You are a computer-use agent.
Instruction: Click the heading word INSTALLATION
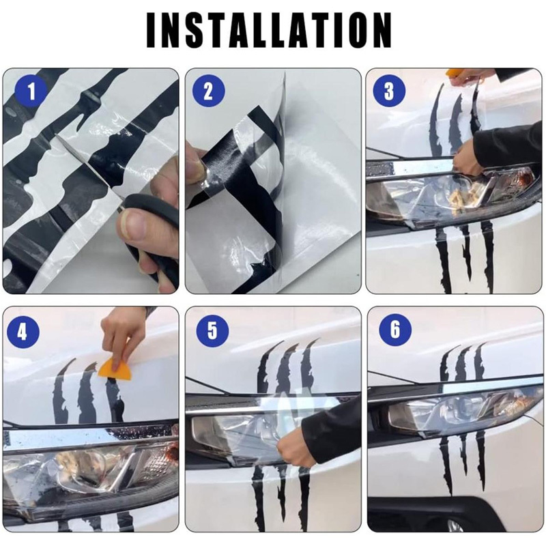(269, 30)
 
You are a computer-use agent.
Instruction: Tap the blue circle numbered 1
(31, 91)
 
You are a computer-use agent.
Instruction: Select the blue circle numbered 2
(208, 91)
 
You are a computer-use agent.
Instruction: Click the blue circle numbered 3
(389, 91)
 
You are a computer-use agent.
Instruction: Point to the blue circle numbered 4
(23, 331)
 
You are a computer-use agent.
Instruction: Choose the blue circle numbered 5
(212, 330)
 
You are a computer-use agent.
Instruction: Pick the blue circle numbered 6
(395, 330)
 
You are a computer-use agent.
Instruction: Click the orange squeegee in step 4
(115, 370)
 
